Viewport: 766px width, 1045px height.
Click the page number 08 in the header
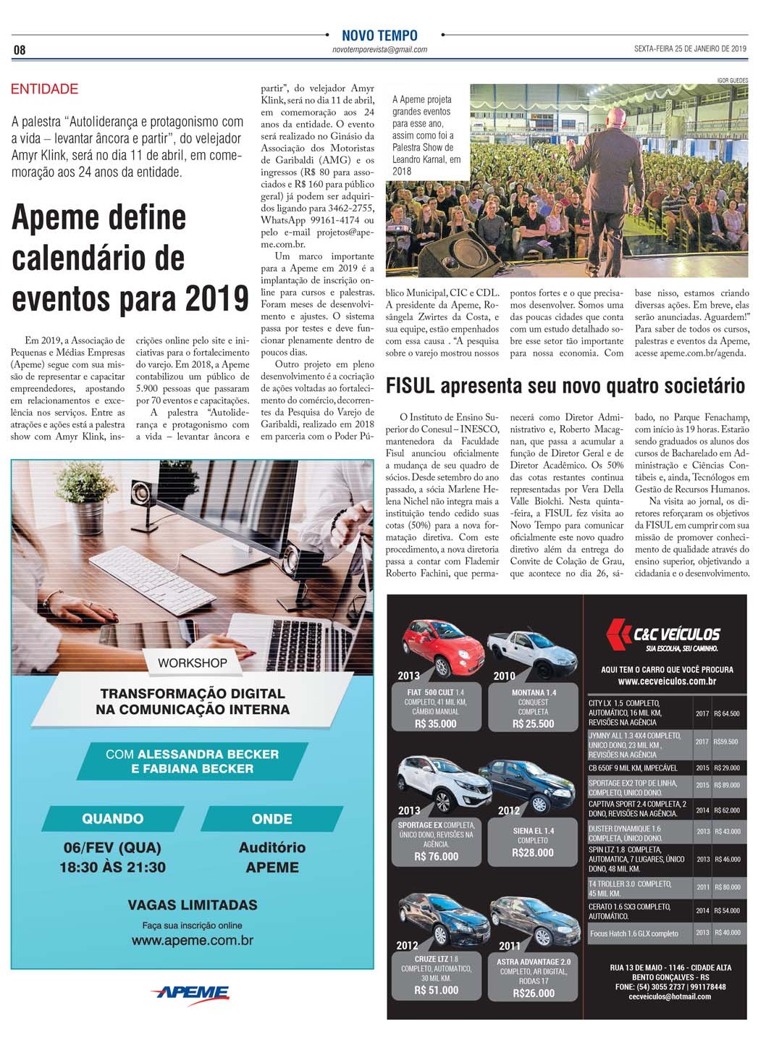click(20, 50)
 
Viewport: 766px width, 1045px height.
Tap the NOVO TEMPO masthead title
click(379, 35)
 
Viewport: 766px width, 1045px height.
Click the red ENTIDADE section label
click(44, 89)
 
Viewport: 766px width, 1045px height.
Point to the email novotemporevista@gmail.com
click(379, 50)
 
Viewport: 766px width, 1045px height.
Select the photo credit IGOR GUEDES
click(732, 80)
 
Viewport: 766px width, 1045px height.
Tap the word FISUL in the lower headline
click(411, 386)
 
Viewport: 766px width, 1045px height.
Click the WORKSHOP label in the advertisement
click(193, 663)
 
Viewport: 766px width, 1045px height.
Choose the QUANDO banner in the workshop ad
click(112, 819)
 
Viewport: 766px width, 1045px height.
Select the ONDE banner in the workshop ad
click(272, 819)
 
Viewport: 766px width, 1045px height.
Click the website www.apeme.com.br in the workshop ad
click(193, 941)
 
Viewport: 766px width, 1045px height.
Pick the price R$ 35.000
click(436, 723)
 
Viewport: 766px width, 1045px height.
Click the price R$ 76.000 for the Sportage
click(436, 856)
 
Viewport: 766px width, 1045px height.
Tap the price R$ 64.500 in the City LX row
click(726, 713)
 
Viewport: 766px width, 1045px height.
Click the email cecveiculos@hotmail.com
click(670, 996)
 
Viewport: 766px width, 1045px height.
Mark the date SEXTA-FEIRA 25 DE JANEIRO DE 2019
click(690, 49)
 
